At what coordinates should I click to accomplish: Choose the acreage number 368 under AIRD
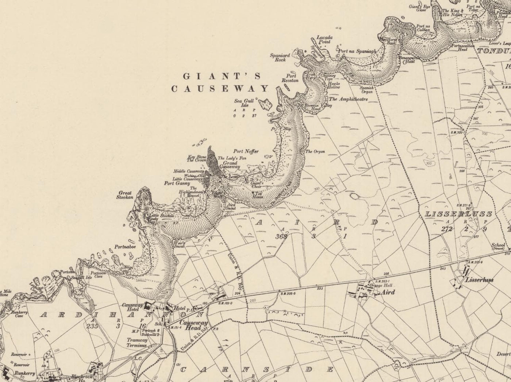(x=282, y=236)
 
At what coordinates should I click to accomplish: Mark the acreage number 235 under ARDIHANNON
(x=92, y=327)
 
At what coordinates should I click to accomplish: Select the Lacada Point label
(x=323, y=39)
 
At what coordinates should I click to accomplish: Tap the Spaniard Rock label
(x=280, y=57)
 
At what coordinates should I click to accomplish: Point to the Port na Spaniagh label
(x=357, y=51)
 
